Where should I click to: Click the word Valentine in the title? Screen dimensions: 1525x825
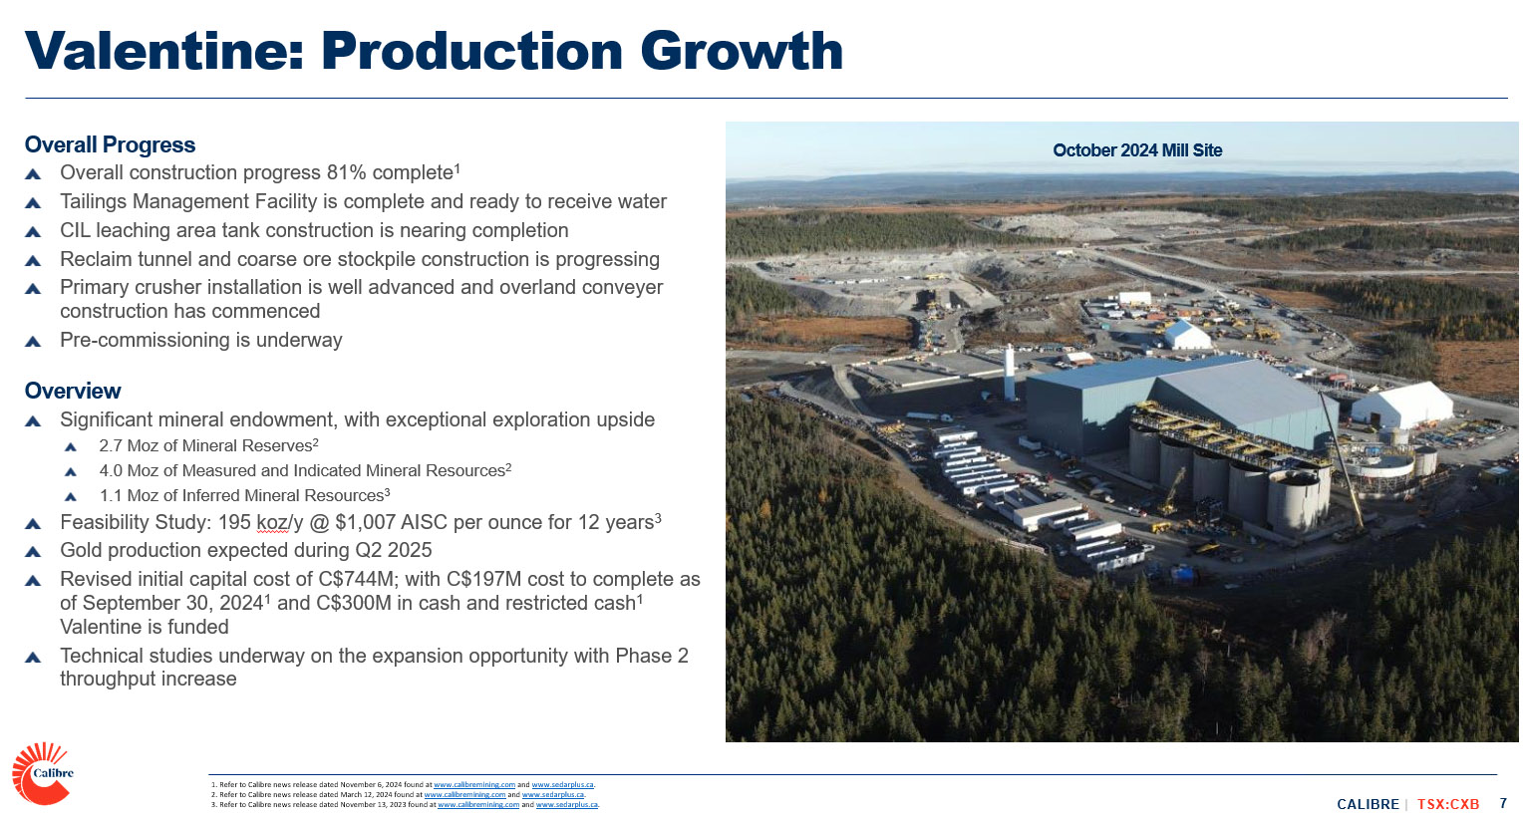pos(163,51)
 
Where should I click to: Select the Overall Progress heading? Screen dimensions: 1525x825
pos(110,144)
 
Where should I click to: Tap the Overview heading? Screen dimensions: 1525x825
pos(73,391)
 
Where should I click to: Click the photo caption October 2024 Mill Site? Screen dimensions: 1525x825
pos(1137,150)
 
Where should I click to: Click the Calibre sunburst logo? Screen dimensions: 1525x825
pos(42,773)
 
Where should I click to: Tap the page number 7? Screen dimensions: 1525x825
pos(1503,803)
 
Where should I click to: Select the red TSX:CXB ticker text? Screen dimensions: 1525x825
pos(1448,804)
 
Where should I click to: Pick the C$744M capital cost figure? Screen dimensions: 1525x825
pos(356,579)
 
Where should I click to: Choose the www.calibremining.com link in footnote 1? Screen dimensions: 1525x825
pos(473,785)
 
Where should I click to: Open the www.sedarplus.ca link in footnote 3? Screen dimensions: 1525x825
pos(566,805)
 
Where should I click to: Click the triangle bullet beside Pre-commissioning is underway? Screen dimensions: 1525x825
pos(33,341)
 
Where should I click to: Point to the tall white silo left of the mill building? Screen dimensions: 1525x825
pos(1009,373)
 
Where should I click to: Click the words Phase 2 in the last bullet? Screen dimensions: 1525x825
pos(652,656)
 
